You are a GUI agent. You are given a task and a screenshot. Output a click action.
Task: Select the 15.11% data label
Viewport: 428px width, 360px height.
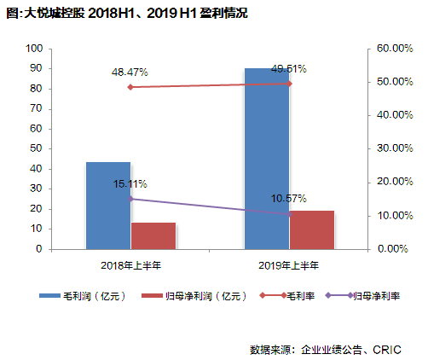pyautogui.click(x=130, y=183)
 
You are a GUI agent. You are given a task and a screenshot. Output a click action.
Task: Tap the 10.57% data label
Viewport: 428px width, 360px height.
pyautogui.click(x=288, y=199)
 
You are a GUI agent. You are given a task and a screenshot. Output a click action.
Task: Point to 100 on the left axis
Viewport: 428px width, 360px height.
pyautogui.click(x=36, y=49)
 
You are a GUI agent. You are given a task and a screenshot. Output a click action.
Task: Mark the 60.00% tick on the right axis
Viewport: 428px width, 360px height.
pyautogui.click(x=395, y=49)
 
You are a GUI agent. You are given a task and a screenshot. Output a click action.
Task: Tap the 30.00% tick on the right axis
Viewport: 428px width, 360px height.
pyautogui.click(x=395, y=149)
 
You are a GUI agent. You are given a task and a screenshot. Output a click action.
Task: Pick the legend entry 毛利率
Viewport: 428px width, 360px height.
pyautogui.click(x=300, y=296)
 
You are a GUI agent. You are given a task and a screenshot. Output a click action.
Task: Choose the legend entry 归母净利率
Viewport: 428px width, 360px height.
pyautogui.click(x=376, y=296)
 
